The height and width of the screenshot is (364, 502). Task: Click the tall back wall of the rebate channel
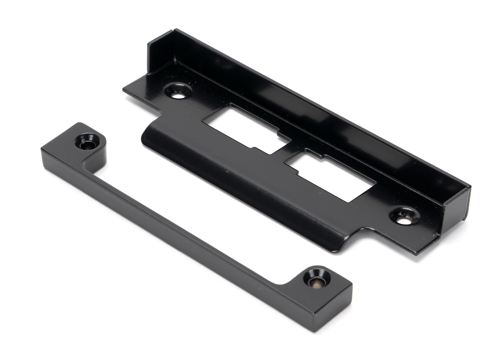(x=289, y=95)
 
